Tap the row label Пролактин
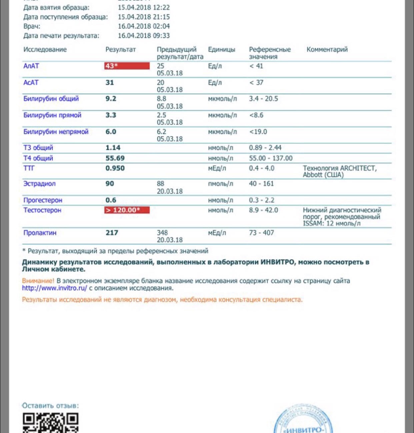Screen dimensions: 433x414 (40, 233)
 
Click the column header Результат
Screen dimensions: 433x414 (120, 50)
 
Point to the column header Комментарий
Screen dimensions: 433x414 (327, 50)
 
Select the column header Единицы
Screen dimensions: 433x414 (221, 50)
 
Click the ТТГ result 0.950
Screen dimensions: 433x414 (115, 168)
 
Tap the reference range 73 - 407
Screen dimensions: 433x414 (261, 233)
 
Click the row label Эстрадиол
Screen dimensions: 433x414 (39, 184)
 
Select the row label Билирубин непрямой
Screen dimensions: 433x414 (56, 132)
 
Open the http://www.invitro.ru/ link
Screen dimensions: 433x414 (54, 288)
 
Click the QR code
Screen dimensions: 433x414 (51, 423)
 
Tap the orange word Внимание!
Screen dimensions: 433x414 (38, 281)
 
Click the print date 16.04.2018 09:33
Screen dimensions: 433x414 (144, 36)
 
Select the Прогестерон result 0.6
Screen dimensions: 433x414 (111, 200)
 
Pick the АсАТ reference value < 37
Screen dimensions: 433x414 (256, 82)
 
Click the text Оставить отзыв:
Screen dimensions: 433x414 (50, 406)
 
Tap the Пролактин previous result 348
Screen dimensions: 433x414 (162, 233)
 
